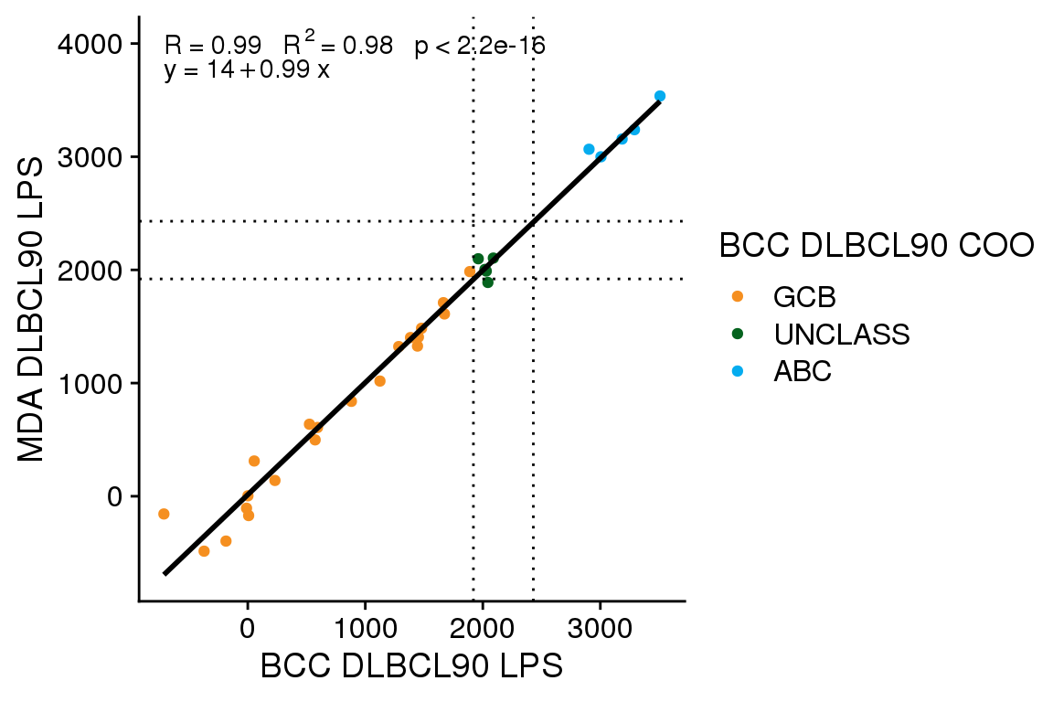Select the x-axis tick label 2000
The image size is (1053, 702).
[482, 632]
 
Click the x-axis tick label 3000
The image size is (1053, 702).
[600, 632]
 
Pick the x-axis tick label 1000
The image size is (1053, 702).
[365, 632]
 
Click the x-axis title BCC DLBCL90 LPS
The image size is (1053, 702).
[411, 666]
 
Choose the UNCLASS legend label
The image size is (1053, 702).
[841, 335]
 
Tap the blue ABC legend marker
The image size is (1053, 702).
[739, 372]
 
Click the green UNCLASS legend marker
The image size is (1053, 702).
[739, 335]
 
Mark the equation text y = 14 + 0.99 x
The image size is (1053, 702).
[247, 70]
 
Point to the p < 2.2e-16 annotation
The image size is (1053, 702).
[480, 46]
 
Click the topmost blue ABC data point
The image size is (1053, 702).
[660, 96]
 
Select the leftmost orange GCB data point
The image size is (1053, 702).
[164, 514]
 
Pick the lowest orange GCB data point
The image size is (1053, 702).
[204, 551]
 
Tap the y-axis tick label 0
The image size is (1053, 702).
[115, 496]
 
